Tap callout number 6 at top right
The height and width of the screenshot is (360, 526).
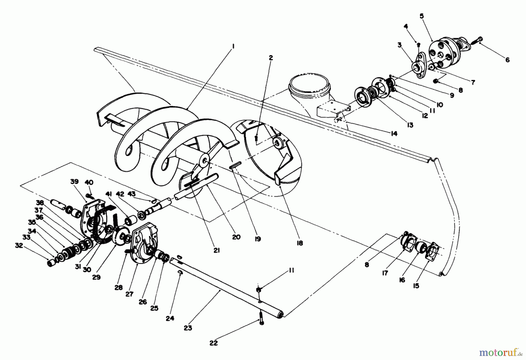click(x=507, y=60)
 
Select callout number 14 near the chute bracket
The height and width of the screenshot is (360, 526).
click(x=394, y=133)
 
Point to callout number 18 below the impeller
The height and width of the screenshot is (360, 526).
click(x=300, y=243)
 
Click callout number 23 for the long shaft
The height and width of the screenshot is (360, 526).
click(x=188, y=328)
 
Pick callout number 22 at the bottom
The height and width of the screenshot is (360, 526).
click(x=214, y=343)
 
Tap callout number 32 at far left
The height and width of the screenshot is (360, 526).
click(x=19, y=246)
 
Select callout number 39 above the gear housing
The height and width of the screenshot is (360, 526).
click(x=75, y=182)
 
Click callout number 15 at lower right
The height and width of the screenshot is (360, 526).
click(x=416, y=286)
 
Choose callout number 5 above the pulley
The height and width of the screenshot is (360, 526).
click(x=422, y=16)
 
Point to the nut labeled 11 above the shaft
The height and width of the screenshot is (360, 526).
click(x=259, y=289)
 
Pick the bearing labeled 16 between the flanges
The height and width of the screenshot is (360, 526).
click(x=420, y=248)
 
